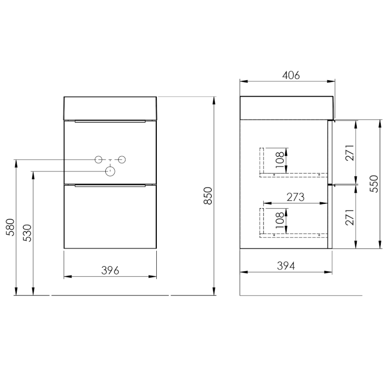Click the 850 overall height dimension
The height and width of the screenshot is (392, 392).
pyautogui.click(x=208, y=196)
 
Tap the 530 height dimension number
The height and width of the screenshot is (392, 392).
pyautogui.click(x=27, y=233)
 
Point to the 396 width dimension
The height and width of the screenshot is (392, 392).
pyautogui.click(x=110, y=270)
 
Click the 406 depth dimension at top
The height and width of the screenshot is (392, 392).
pyautogui.click(x=291, y=75)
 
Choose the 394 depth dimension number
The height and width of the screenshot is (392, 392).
pyautogui.click(x=286, y=266)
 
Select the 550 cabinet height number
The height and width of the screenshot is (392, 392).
pyautogui.click(x=374, y=184)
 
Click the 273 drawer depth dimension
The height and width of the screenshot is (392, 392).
pyautogui.click(x=295, y=197)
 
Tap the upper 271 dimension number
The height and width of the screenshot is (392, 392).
pyautogui.click(x=350, y=152)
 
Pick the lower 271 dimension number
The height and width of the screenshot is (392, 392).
pyautogui.click(x=350, y=217)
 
